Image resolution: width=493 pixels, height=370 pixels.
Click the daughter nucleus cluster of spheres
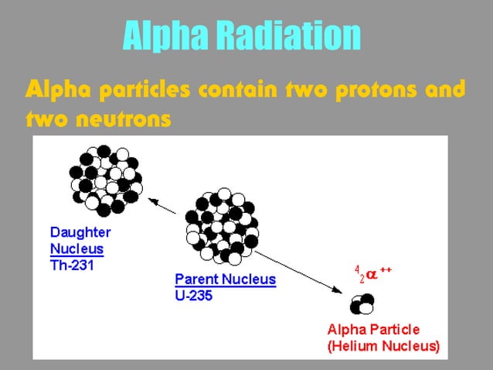(106, 177)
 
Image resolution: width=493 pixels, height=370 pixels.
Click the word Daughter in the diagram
(80, 231)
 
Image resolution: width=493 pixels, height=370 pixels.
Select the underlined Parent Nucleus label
(225, 279)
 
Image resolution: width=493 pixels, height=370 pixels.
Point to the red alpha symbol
(372, 276)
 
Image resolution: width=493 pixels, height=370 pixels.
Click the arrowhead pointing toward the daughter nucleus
(152, 202)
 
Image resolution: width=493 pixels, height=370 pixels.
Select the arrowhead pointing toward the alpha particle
(338, 290)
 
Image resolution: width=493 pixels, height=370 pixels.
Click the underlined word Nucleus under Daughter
(76, 248)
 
